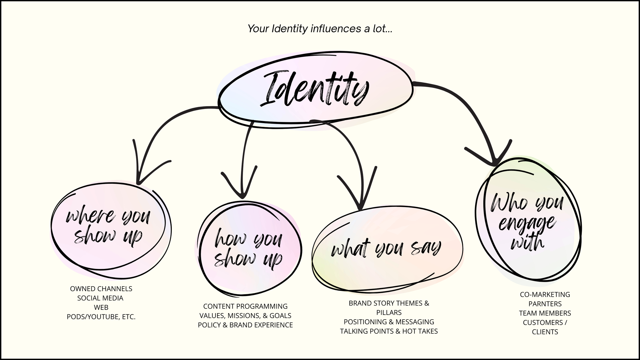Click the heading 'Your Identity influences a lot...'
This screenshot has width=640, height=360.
tap(320, 29)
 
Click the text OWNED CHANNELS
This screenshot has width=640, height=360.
tap(101, 289)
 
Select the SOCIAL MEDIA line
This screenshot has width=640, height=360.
tap(100, 298)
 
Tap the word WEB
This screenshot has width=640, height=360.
tap(101, 307)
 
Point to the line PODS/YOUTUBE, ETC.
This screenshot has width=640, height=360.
tap(101, 317)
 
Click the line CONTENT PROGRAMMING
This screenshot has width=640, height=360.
tap(245, 306)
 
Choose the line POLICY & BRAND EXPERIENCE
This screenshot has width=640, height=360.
tap(245, 325)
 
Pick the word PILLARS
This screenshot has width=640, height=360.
tap(389, 312)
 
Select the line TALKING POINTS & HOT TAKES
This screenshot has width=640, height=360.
tap(389, 331)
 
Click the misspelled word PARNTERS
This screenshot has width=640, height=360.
tap(545, 304)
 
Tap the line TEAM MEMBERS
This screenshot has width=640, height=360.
tap(545, 313)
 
